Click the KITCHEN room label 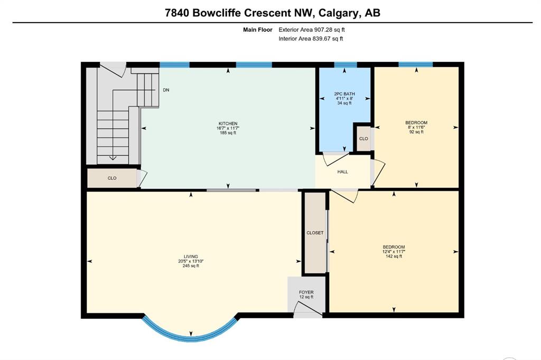click(x=228, y=124)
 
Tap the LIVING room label click(x=191, y=257)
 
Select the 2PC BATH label click(x=344, y=94)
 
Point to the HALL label click(x=342, y=172)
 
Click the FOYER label click(x=306, y=292)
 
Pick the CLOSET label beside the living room click(x=315, y=233)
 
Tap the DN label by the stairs click(x=166, y=90)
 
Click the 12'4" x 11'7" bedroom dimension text click(x=394, y=252)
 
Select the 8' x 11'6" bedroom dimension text click(x=416, y=127)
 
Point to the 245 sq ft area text click(x=191, y=266)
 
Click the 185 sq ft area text click(x=228, y=133)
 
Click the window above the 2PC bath click(x=346, y=64)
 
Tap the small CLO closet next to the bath click(x=363, y=139)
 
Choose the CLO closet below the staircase click(x=112, y=178)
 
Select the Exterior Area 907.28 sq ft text click(x=312, y=30)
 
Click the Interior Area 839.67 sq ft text click(x=311, y=39)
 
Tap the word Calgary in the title click(x=339, y=13)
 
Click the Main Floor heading click(x=258, y=30)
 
